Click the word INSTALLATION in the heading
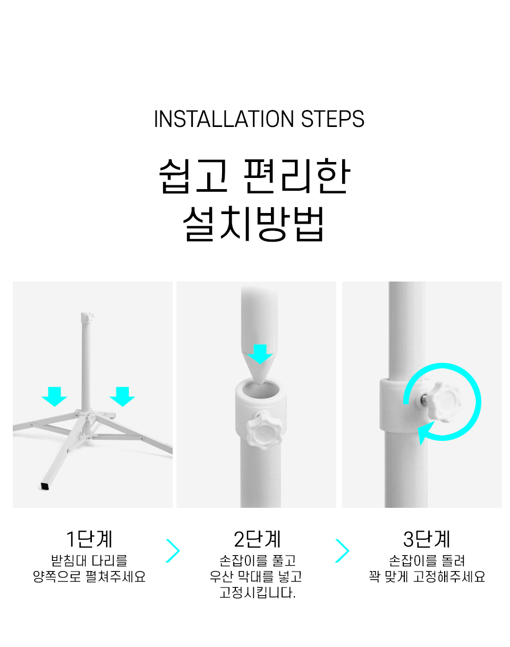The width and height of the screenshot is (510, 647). pos(224,119)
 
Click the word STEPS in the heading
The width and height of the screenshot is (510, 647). pos(332,119)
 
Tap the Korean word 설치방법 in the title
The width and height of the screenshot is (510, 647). pos(254,224)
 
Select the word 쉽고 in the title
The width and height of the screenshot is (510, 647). pos(193,176)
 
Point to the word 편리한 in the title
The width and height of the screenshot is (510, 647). pos(296,176)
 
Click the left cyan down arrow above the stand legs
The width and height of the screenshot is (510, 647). pos(54,396)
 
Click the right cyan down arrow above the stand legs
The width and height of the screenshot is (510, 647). pos(122,396)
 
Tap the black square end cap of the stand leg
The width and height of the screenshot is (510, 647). pos(45,486)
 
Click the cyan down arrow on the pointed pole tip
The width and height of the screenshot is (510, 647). pos(260,354)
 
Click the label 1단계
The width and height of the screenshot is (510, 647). pos(89,539)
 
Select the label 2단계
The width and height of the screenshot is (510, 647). pos(257,539)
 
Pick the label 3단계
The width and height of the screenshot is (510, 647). pos(427,539)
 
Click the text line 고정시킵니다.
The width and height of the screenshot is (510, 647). pos(258,592)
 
